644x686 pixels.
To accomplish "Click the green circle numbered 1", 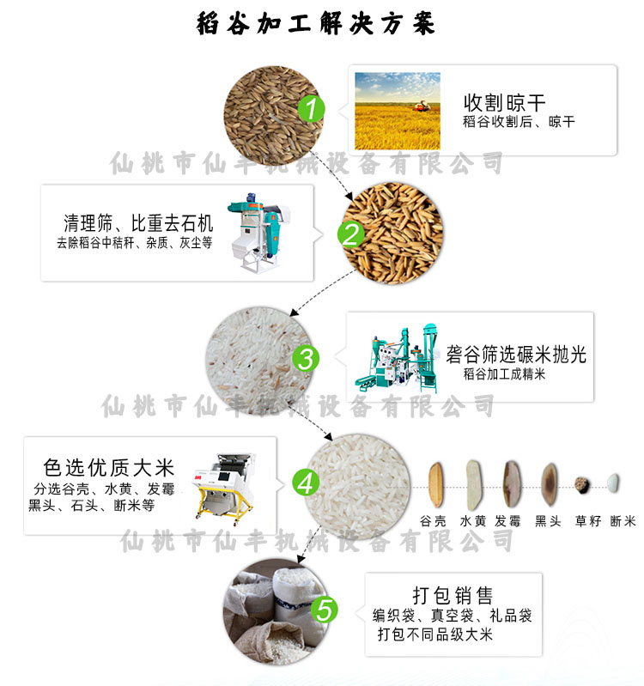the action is [x=312, y=109].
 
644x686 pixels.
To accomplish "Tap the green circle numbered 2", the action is [x=351, y=234].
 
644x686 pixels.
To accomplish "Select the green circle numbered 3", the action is [x=306, y=358].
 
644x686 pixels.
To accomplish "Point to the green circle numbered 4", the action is [x=306, y=483].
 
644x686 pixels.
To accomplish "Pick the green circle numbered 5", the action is [x=325, y=610].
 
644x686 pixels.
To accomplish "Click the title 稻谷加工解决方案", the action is [x=315, y=23].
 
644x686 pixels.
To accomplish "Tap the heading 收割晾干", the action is [x=504, y=103].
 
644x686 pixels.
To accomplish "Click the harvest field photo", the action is [x=398, y=111].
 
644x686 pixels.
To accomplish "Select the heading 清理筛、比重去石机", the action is [x=138, y=223].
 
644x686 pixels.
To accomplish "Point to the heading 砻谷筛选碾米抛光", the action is [x=516, y=354].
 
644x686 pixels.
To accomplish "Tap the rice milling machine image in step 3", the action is [x=397, y=358].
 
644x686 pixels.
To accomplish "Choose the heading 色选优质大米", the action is [x=109, y=468].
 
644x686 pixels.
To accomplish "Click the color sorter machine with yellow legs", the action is [x=224, y=489].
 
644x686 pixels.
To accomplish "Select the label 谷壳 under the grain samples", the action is [x=433, y=520].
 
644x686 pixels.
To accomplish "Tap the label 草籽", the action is [x=587, y=520].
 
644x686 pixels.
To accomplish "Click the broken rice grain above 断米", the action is [x=613, y=483].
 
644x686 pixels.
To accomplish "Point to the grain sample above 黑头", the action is [x=549, y=484].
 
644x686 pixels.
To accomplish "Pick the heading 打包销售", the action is [x=453, y=596].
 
